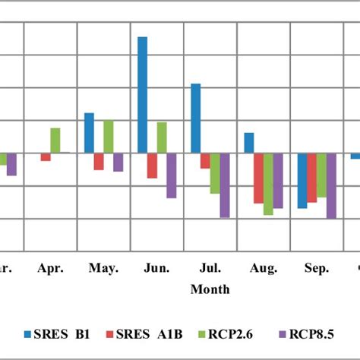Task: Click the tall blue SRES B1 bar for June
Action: tap(142, 94)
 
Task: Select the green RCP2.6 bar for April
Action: tap(55, 141)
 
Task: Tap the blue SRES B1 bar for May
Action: tap(89, 133)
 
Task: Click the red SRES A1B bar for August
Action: tap(258, 178)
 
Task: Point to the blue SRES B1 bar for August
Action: tap(248, 143)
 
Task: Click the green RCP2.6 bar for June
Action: tap(162, 137)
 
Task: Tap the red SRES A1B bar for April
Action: tap(46, 156)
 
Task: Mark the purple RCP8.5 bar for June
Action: tap(172, 175)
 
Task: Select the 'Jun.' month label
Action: tap(156, 268)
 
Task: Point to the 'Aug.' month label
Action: tap(263, 268)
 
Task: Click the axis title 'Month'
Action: tap(210, 289)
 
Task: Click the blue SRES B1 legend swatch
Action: tap(28, 333)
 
